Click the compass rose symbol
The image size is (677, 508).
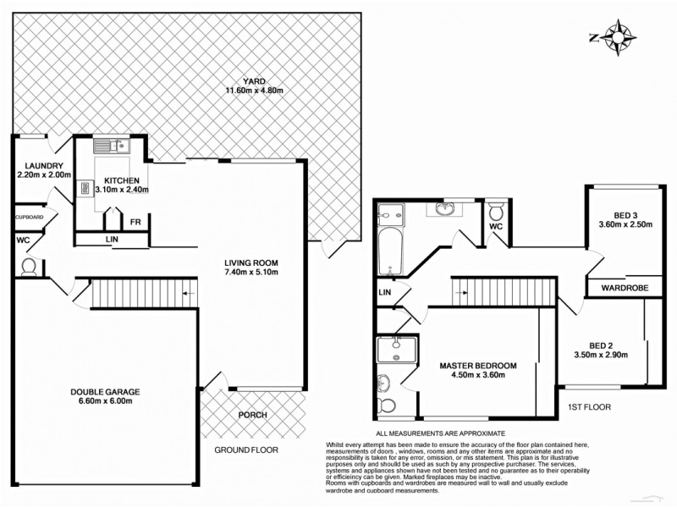(621, 38)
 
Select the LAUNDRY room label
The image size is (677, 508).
(44, 166)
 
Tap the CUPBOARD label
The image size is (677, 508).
(29, 218)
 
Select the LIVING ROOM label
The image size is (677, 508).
(250, 262)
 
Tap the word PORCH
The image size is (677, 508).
(252, 415)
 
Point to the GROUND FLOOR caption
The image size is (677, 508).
(245, 450)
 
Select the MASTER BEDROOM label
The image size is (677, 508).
(477, 366)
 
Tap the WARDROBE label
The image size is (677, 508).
(625, 289)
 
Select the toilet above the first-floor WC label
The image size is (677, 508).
(497, 207)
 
